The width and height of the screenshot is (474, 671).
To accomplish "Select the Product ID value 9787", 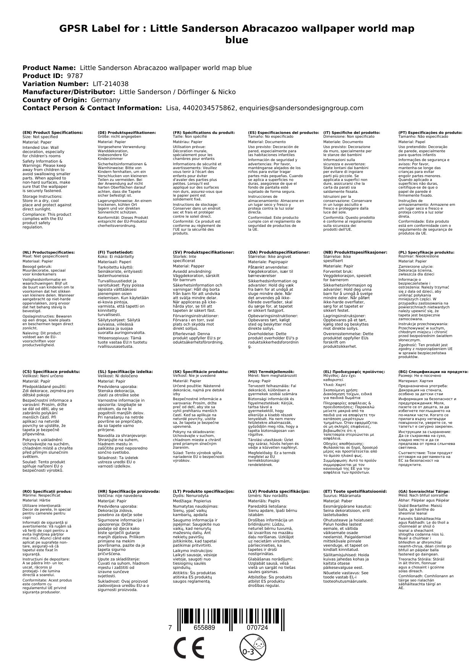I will coord(75,76).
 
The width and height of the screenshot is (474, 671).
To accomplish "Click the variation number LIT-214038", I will coord(110,84).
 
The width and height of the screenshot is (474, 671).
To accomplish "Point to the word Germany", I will coord(105,100).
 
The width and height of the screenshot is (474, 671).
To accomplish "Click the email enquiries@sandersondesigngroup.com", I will coord(301,108).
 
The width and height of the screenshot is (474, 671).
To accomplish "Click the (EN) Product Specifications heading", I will coord(53,132).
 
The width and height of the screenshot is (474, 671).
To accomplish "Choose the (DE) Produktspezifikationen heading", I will coord(127,132).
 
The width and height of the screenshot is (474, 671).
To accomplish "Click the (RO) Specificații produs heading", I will coord(47,491).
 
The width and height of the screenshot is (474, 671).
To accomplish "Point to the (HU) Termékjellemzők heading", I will coord(272,371).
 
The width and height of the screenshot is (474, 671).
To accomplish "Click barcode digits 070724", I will coord(257,628).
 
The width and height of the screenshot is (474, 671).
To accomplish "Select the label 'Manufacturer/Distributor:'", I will coord(69,92).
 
